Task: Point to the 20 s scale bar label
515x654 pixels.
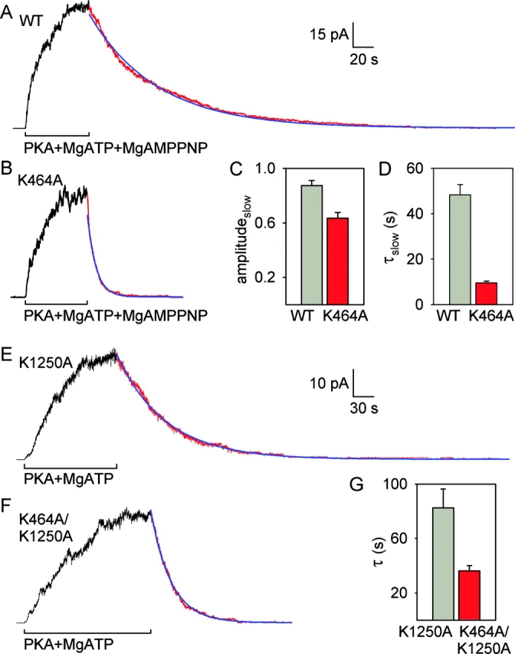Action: [x=372, y=61]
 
